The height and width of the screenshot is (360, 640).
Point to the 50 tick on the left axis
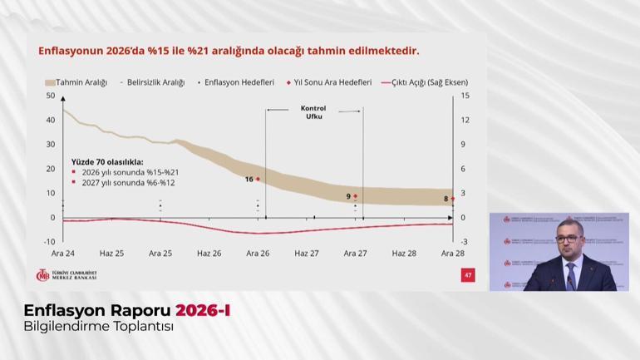point(51,96)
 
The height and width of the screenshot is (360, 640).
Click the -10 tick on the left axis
point(49,242)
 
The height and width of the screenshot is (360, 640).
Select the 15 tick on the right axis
point(465,96)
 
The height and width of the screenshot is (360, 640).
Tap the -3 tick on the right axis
point(464,242)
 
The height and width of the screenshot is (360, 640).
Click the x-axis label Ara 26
point(258,254)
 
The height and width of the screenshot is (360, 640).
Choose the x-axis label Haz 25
point(111,254)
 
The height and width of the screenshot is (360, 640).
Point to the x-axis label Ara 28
point(452,254)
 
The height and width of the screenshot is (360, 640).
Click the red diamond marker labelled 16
point(258,179)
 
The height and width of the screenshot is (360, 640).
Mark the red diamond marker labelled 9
point(356,196)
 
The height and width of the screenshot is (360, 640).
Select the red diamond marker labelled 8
point(452,199)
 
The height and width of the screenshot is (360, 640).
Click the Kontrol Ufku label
point(313,112)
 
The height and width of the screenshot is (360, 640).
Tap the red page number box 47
point(468,274)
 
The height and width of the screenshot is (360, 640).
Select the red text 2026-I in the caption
point(203,310)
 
